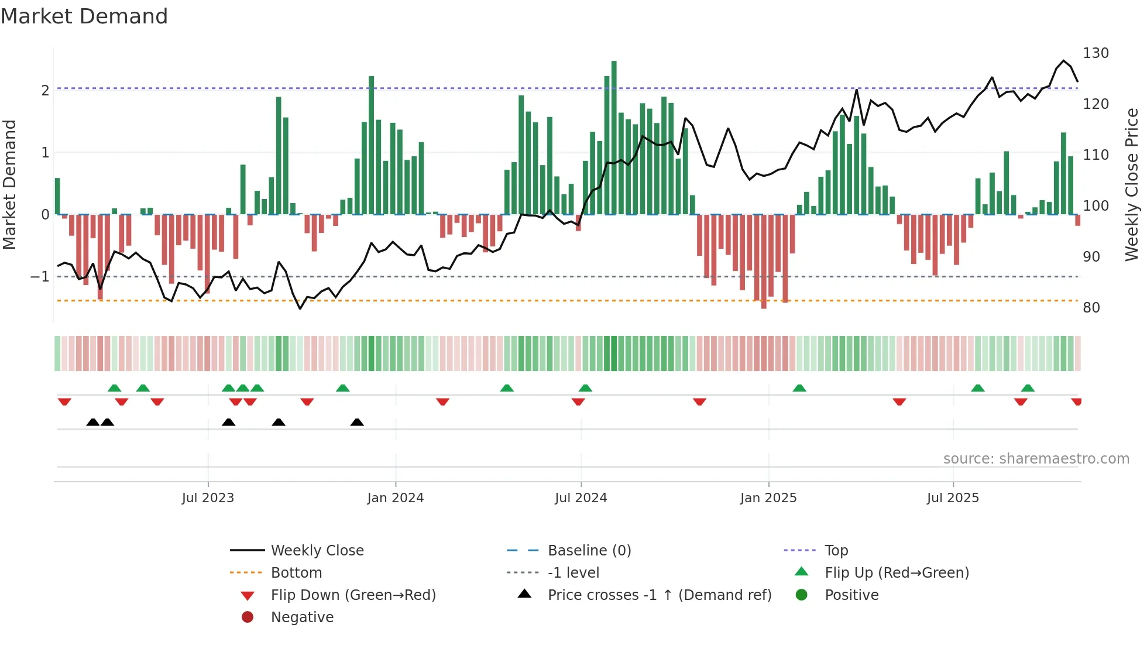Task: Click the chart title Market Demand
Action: (84, 16)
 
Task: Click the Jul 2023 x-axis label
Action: (208, 498)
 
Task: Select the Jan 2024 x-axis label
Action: (395, 498)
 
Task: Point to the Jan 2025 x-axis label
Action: (768, 498)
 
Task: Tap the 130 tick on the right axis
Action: (1096, 53)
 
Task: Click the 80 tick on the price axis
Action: (1091, 308)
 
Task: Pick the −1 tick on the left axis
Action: (40, 276)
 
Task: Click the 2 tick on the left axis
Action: (45, 91)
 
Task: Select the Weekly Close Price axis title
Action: (1132, 184)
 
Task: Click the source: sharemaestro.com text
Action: (1036, 459)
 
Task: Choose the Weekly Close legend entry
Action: (317, 551)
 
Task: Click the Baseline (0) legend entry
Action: (589, 551)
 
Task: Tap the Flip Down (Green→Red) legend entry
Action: (353, 595)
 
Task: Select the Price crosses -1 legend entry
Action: (659, 595)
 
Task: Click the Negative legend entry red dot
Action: (248, 617)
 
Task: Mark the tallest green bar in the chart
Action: (614, 138)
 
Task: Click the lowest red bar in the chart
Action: (764, 262)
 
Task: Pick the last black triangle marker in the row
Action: (357, 423)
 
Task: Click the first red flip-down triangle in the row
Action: (64, 402)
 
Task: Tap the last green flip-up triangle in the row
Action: (1028, 388)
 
